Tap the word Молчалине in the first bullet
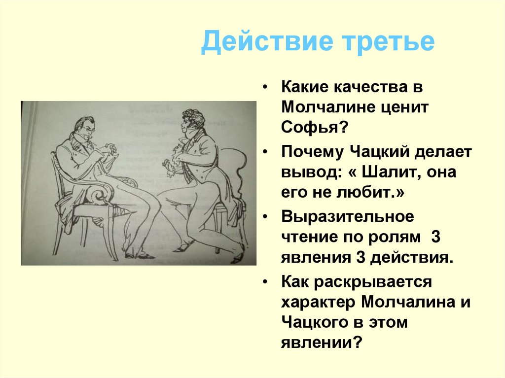(x=331, y=106)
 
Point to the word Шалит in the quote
(x=393, y=172)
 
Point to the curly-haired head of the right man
(x=192, y=120)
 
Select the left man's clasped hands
(x=111, y=149)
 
